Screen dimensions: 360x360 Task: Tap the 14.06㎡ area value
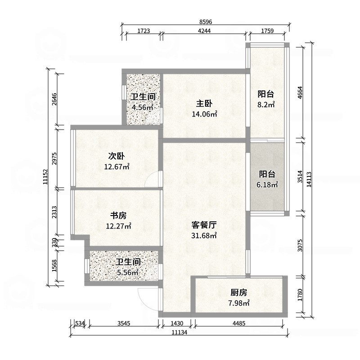pos(205,114)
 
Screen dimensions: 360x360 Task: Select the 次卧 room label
pos(116,156)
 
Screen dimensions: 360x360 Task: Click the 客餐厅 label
pos(204,224)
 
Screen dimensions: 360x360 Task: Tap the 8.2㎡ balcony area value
pos(266,104)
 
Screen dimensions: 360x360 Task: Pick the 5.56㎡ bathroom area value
pos(127,272)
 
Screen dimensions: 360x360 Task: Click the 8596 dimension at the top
pos(206,21)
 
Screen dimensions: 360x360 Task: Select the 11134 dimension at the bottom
pos(179,333)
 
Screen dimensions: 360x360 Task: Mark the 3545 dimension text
pos(124,323)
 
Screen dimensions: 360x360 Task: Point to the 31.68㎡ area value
pos(204,235)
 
